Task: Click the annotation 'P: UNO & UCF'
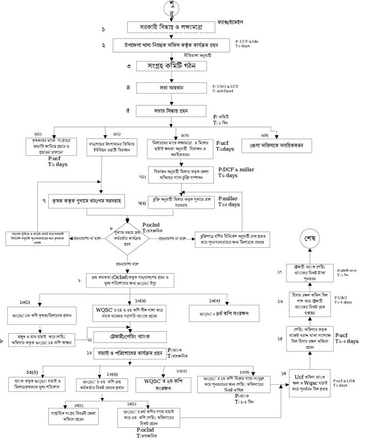point(228,87)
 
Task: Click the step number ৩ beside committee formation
point(128,67)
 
